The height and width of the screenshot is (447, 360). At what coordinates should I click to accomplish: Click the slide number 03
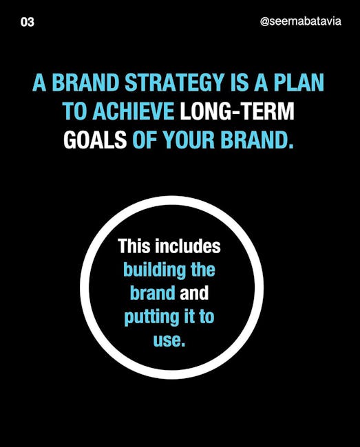click(x=28, y=22)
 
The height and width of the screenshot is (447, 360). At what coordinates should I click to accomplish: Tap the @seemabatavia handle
click(x=301, y=22)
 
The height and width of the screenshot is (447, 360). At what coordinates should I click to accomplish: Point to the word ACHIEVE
click(x=134, y=111)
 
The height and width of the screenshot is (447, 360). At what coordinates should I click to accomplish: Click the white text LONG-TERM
click(x=237, y=111)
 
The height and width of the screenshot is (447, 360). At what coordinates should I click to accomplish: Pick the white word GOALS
click(x=95, y=140)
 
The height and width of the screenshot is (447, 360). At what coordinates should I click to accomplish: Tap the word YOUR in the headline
click(x=189, y=140)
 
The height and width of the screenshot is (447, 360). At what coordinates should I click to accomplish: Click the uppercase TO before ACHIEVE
click(x=75, y=111)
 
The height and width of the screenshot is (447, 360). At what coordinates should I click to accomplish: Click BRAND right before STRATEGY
click(x=85, y=83)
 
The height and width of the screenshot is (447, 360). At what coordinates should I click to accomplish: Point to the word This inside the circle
click(x=134, y=246)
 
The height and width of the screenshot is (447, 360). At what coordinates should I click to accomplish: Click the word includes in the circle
click(x=188, y=246)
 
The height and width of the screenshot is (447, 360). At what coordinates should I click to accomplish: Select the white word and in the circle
click(x=194, y=293)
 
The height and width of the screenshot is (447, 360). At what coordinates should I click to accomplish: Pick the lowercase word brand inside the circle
click(x=153, y=293)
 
